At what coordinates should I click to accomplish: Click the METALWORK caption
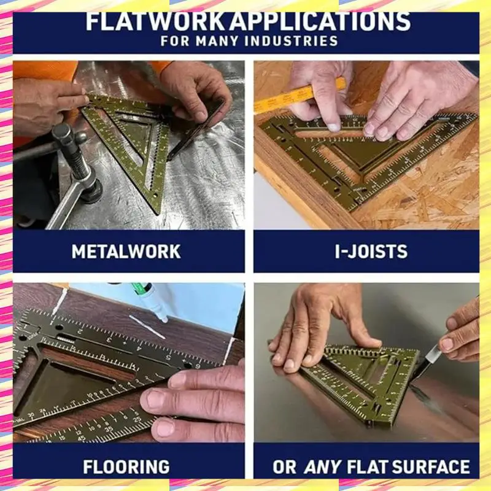126,252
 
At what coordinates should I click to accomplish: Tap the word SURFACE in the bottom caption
430,466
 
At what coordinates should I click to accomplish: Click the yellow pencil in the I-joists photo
288,98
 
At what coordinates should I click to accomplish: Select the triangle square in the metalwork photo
135,138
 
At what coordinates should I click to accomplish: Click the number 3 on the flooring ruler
109,339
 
